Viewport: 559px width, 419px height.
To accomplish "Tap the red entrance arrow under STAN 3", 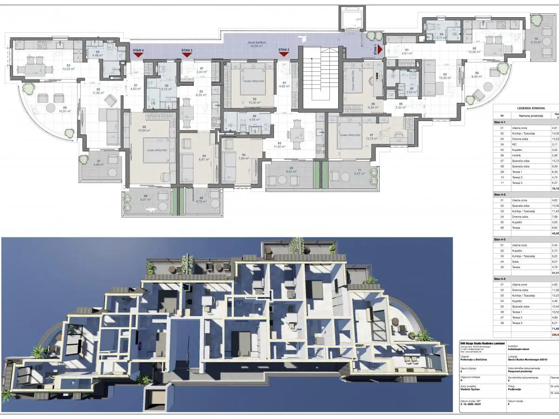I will point(187,55).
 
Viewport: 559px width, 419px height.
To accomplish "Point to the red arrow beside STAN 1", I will point(380,49).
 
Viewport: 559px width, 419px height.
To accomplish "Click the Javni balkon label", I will point(257,42).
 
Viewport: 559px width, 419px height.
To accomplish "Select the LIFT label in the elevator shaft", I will point(358,19).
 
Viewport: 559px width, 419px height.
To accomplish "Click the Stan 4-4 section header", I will point(501,278).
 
